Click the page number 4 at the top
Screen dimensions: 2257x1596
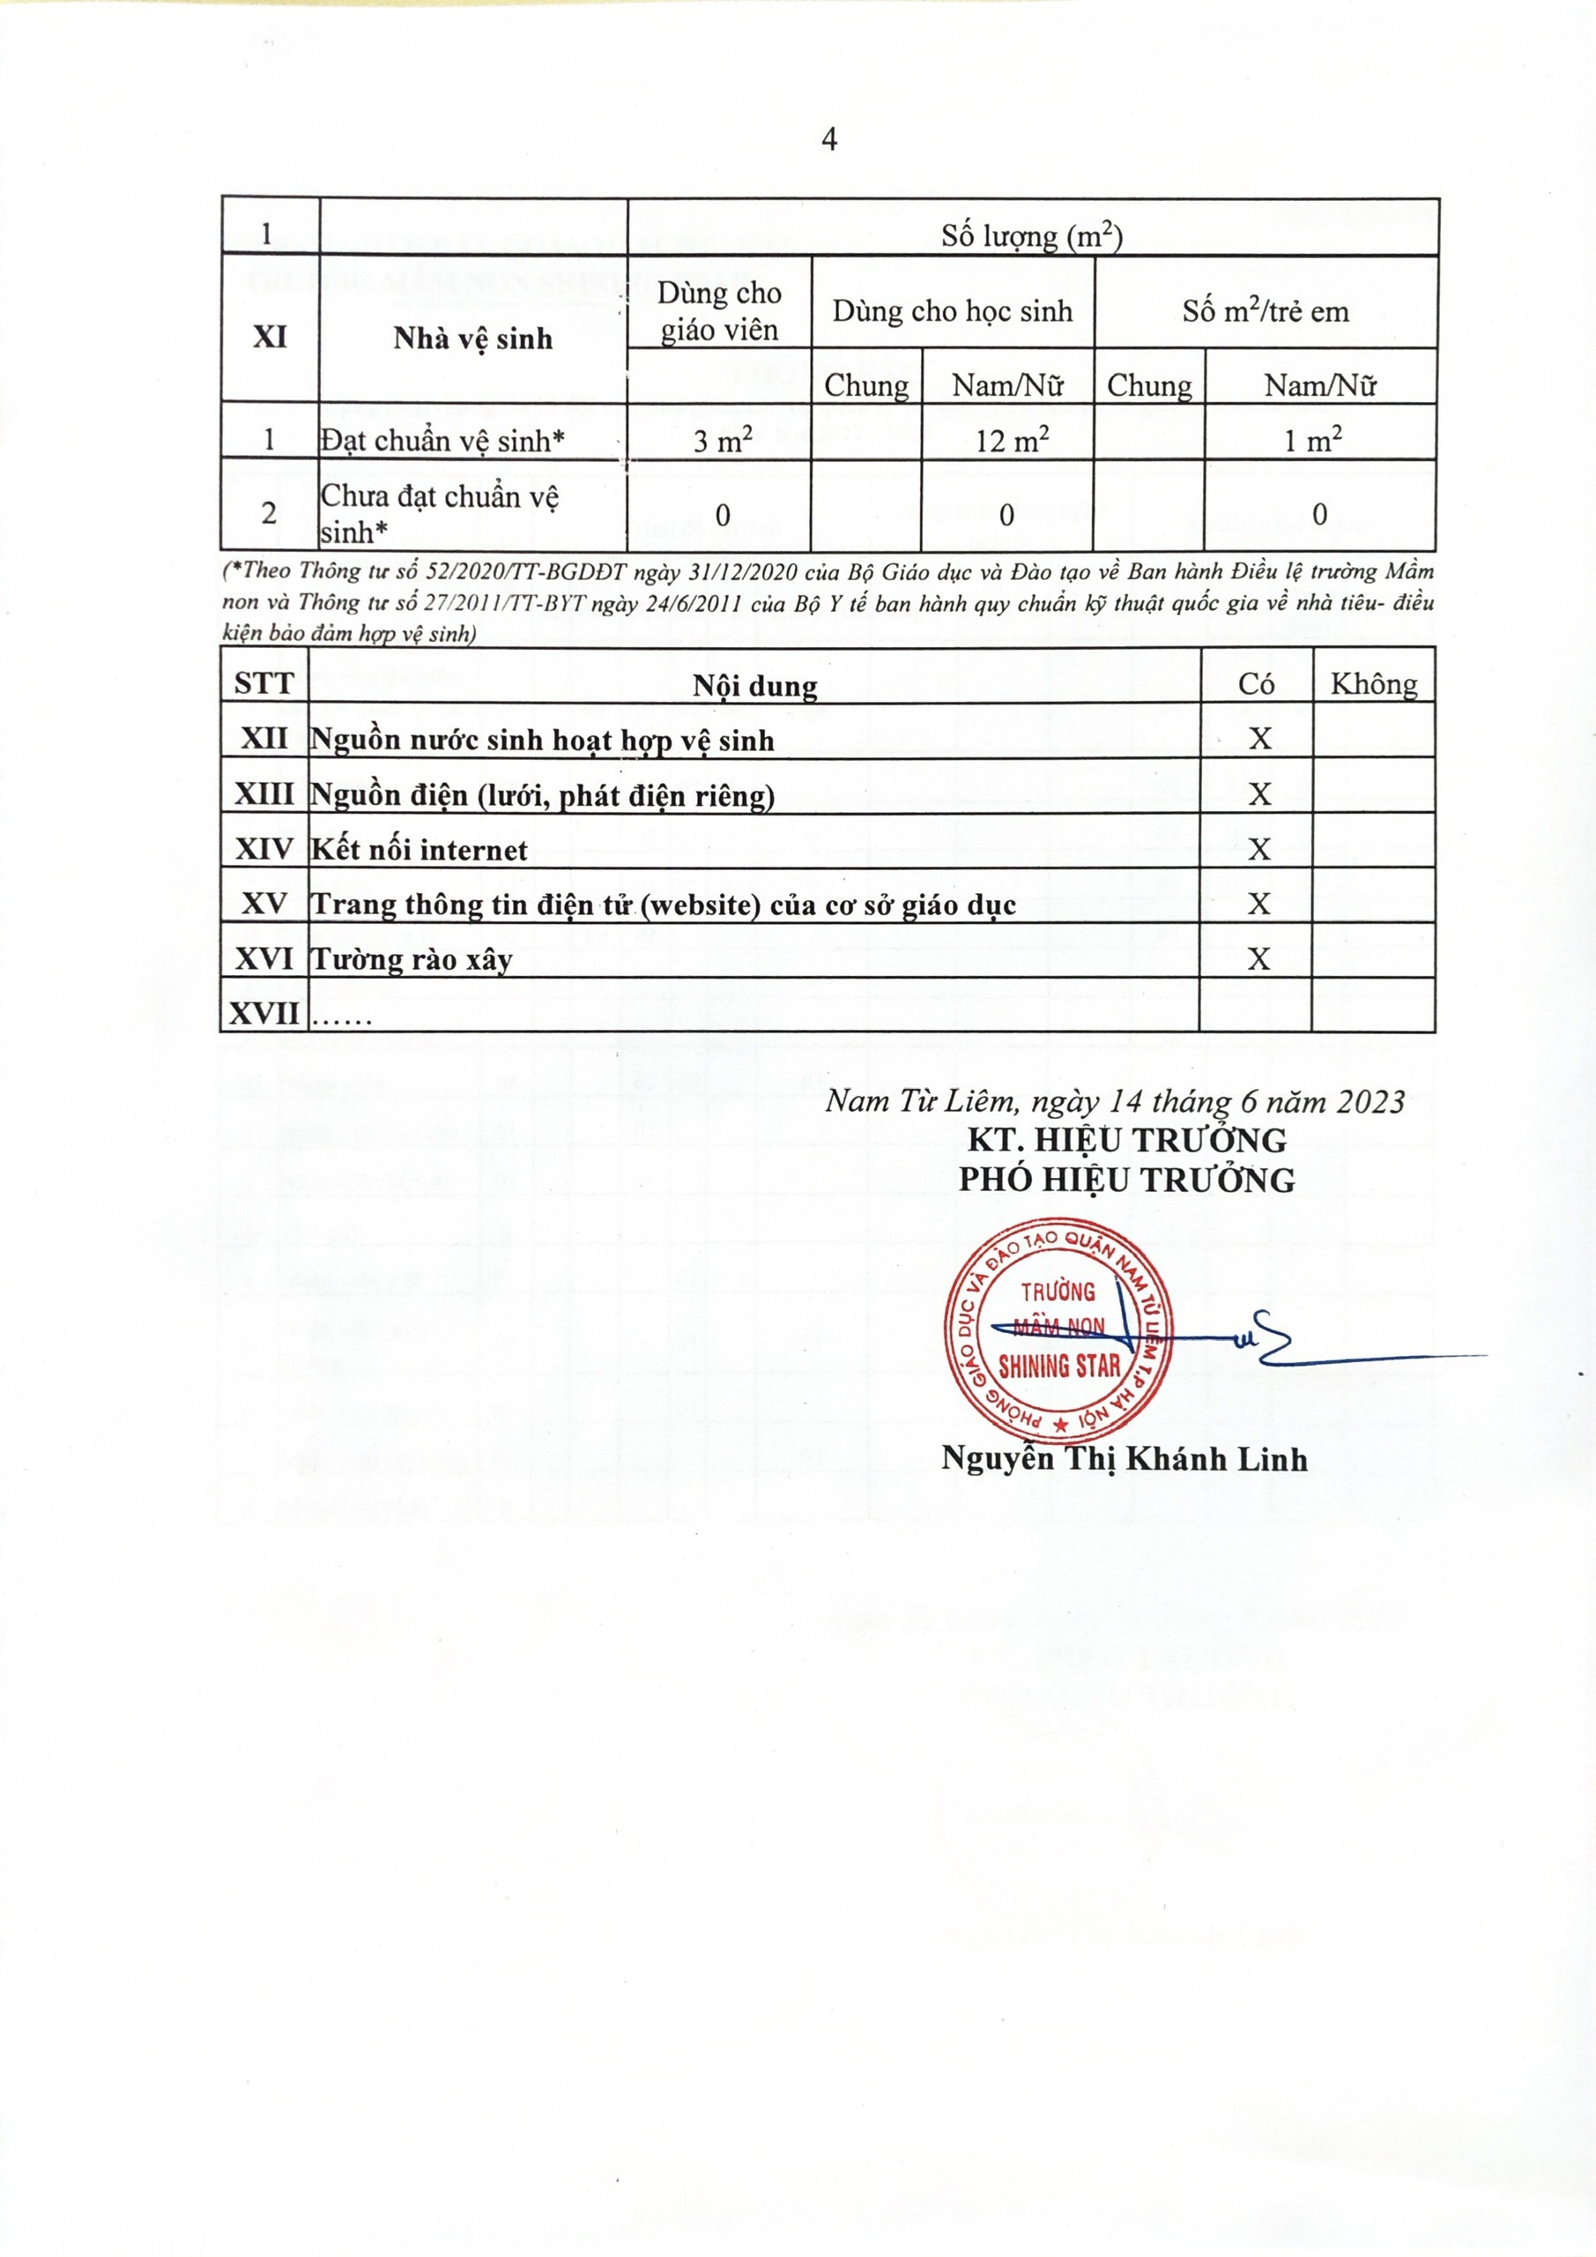click(828, 139)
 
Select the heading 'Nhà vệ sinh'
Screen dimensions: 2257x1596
click(472, 339)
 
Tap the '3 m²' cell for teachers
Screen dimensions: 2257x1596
click(723, 441)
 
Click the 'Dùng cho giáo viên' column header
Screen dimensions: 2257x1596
click(719, 310)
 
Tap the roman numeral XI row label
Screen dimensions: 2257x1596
click(271, 337)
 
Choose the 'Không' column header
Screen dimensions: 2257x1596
click(1373, 684)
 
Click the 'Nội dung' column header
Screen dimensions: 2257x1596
click(753, 685)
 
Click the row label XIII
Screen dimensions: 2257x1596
click(264, 794)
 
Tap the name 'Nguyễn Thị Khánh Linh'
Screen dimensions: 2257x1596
click(1125, 1459)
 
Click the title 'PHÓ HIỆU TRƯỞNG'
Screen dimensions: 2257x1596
click(1127, 1180)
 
